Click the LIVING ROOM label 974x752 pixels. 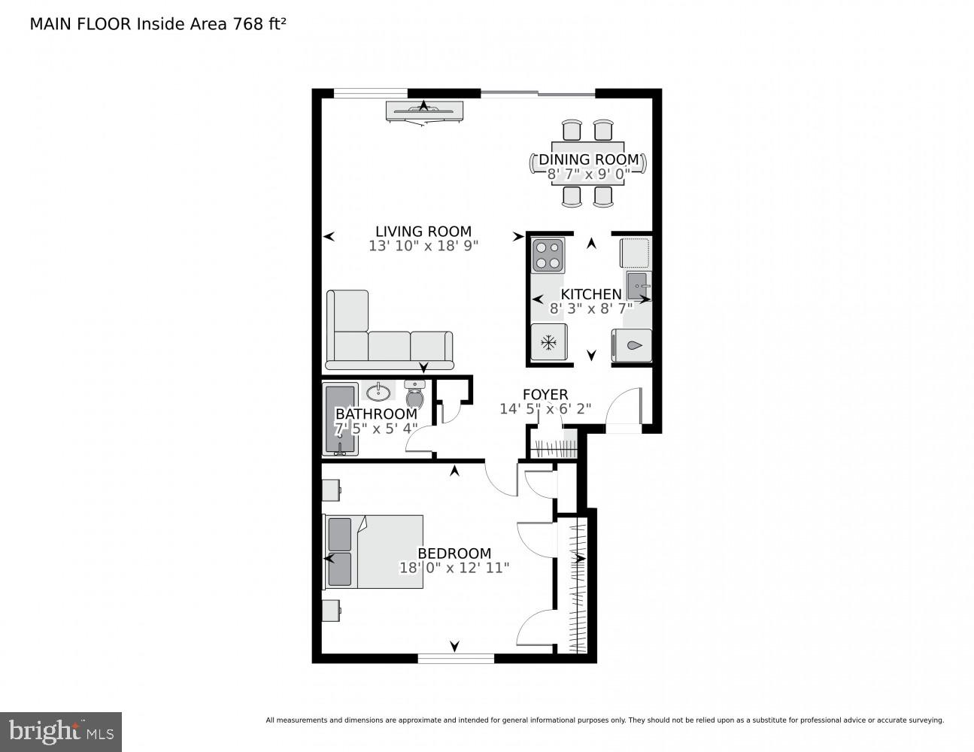point(423,232)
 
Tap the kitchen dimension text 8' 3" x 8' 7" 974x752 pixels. point(590,308)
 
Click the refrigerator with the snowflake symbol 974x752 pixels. point(548,343)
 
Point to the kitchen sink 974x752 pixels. point(639,287)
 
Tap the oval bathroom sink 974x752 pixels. point(379,392)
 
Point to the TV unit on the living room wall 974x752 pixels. point(425,111)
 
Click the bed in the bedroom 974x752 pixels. point(374,551)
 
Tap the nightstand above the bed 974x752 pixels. point(331,490)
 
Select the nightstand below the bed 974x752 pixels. point(331,610)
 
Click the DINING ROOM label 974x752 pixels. point(589,159)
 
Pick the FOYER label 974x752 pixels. point(545,395)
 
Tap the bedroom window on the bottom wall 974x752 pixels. point(456,659)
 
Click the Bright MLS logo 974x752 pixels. point(61,732)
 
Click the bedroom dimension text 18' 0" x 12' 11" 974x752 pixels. point(454,568)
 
